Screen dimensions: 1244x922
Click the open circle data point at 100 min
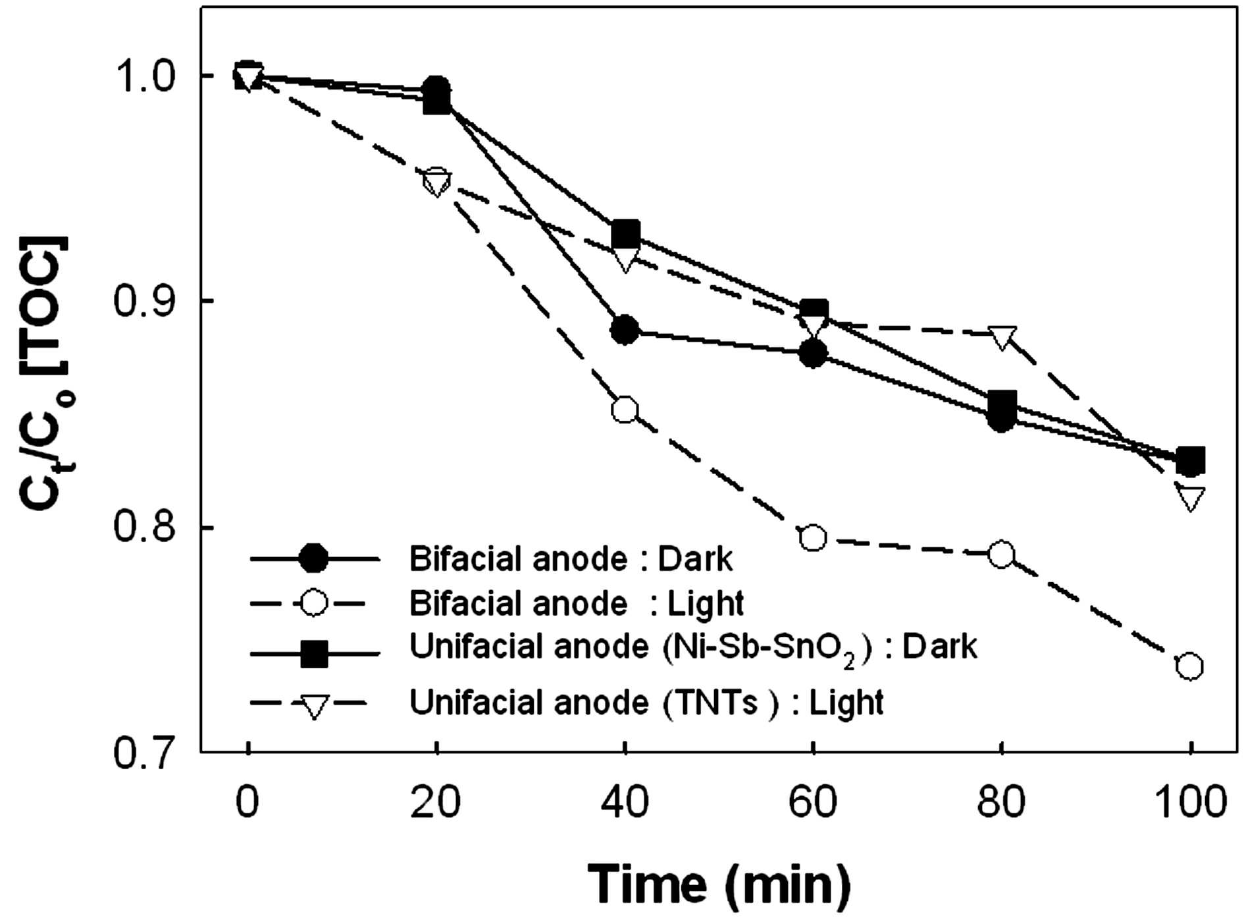1190,666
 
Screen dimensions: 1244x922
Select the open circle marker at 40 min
625,410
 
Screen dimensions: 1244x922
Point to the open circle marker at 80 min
1002,555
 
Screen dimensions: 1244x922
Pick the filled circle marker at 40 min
625,329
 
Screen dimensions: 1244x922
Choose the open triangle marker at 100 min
1190,499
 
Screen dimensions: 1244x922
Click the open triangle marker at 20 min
436,182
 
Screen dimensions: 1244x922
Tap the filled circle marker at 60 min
814,354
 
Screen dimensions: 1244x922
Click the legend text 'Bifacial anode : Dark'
571,559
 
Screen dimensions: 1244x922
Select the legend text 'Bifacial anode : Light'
577,603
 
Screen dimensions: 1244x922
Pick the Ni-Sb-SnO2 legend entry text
693,647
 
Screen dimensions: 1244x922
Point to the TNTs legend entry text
646,703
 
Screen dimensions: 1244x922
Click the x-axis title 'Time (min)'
719,884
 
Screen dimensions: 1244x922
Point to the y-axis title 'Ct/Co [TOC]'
46,372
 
